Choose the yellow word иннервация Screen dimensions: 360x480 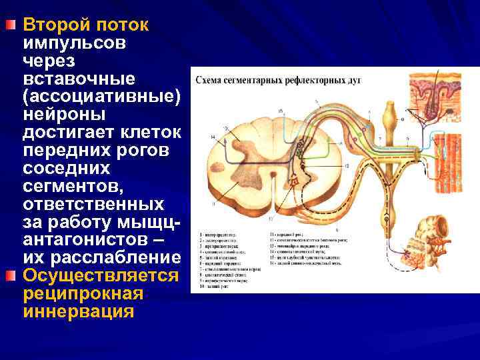coord(78,311)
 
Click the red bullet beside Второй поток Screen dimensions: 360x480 coord(9,25)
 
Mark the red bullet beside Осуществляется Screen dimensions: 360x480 coord(9,276)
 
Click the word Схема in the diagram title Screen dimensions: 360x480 coord(209,81)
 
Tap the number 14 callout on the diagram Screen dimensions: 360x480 coord(213,137)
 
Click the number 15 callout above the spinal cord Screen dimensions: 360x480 coord(281,110)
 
